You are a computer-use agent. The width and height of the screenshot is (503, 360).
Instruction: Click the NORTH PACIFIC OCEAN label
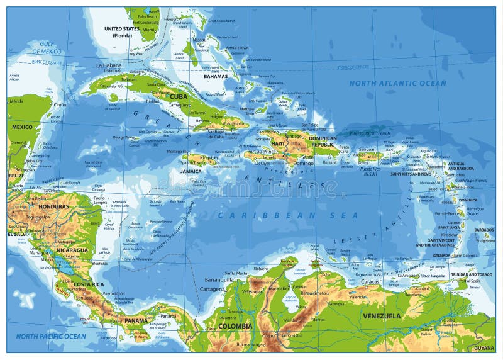pyautogui.click(x=51, y=337)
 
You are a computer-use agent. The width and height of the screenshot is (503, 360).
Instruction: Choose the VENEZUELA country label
pyautogui.click(x=382, y=316)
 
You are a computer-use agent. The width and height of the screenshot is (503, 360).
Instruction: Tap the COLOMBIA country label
pyautogui.click(x=235, y=326)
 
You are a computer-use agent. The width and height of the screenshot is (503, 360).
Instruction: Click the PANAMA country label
pyautogui.click(x=136, y=320)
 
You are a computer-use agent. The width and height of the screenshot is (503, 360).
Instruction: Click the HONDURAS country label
pyautogui.click(x=53, y=206)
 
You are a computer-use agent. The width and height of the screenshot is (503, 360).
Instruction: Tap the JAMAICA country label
pyautogui.click(x=191, y=171)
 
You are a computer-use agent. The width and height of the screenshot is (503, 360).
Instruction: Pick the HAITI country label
pyautogui.click(x=278, y=143)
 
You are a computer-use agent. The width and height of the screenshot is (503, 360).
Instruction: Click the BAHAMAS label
pyautogui.click(x=215, y=76)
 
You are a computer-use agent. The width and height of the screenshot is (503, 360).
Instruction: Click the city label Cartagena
pyautogui.click(x=212, y=289)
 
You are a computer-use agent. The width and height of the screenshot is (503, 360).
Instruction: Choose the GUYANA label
pyautogui.click(x=484, y=348)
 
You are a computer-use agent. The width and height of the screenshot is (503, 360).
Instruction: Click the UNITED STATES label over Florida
pyautogui.click(x=122, y=30)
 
